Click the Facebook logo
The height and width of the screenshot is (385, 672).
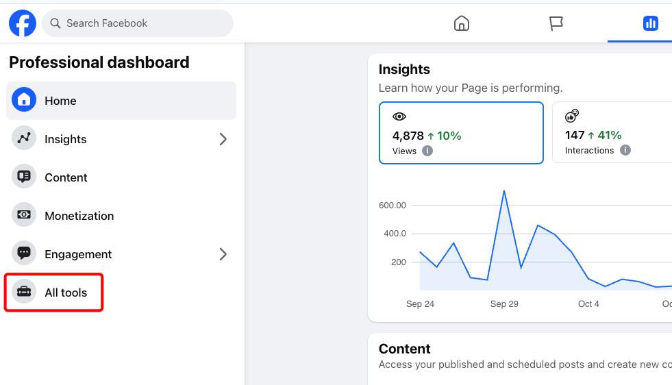23,23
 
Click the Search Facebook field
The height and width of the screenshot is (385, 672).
138,23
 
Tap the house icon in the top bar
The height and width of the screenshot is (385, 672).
462,23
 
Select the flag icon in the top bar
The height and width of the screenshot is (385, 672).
556,23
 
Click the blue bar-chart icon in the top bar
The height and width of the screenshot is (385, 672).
650,23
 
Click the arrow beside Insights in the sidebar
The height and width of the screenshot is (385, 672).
223,139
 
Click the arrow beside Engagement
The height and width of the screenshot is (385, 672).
223,254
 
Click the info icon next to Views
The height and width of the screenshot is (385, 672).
427,151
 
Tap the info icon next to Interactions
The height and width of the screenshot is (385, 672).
625,150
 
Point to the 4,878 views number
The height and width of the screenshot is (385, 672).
408,136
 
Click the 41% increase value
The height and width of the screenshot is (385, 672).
610,136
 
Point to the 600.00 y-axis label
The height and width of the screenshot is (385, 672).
392,206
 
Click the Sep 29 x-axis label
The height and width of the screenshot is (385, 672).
504,304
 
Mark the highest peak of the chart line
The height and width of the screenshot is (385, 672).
504,190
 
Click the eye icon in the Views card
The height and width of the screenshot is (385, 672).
399,116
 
